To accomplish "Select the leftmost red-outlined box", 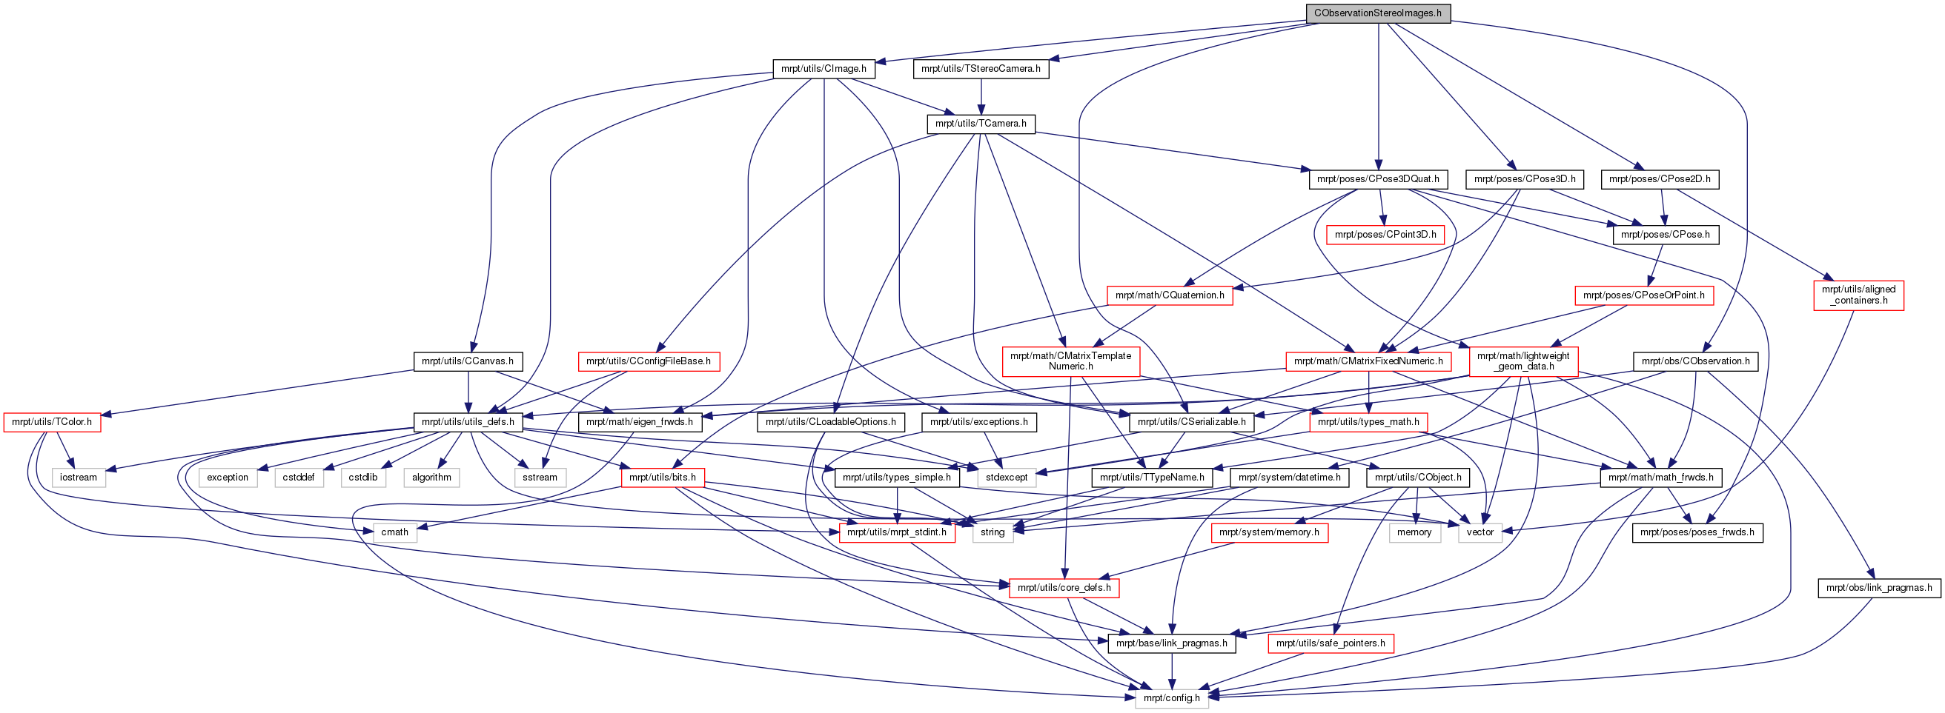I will [52, 423].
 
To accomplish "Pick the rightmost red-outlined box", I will [1858, 295].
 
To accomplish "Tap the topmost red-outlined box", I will [1385, 235].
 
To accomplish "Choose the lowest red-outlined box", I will [1331, 643].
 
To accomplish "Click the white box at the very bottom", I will [1172, 699].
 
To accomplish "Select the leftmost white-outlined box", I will [79, 478].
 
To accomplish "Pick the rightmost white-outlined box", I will [1480, 532].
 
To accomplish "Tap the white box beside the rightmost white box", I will [1415, 532].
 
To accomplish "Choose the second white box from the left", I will [228, 478].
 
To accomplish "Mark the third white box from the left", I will [299, 478].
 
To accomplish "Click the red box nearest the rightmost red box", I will [1644, 295].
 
